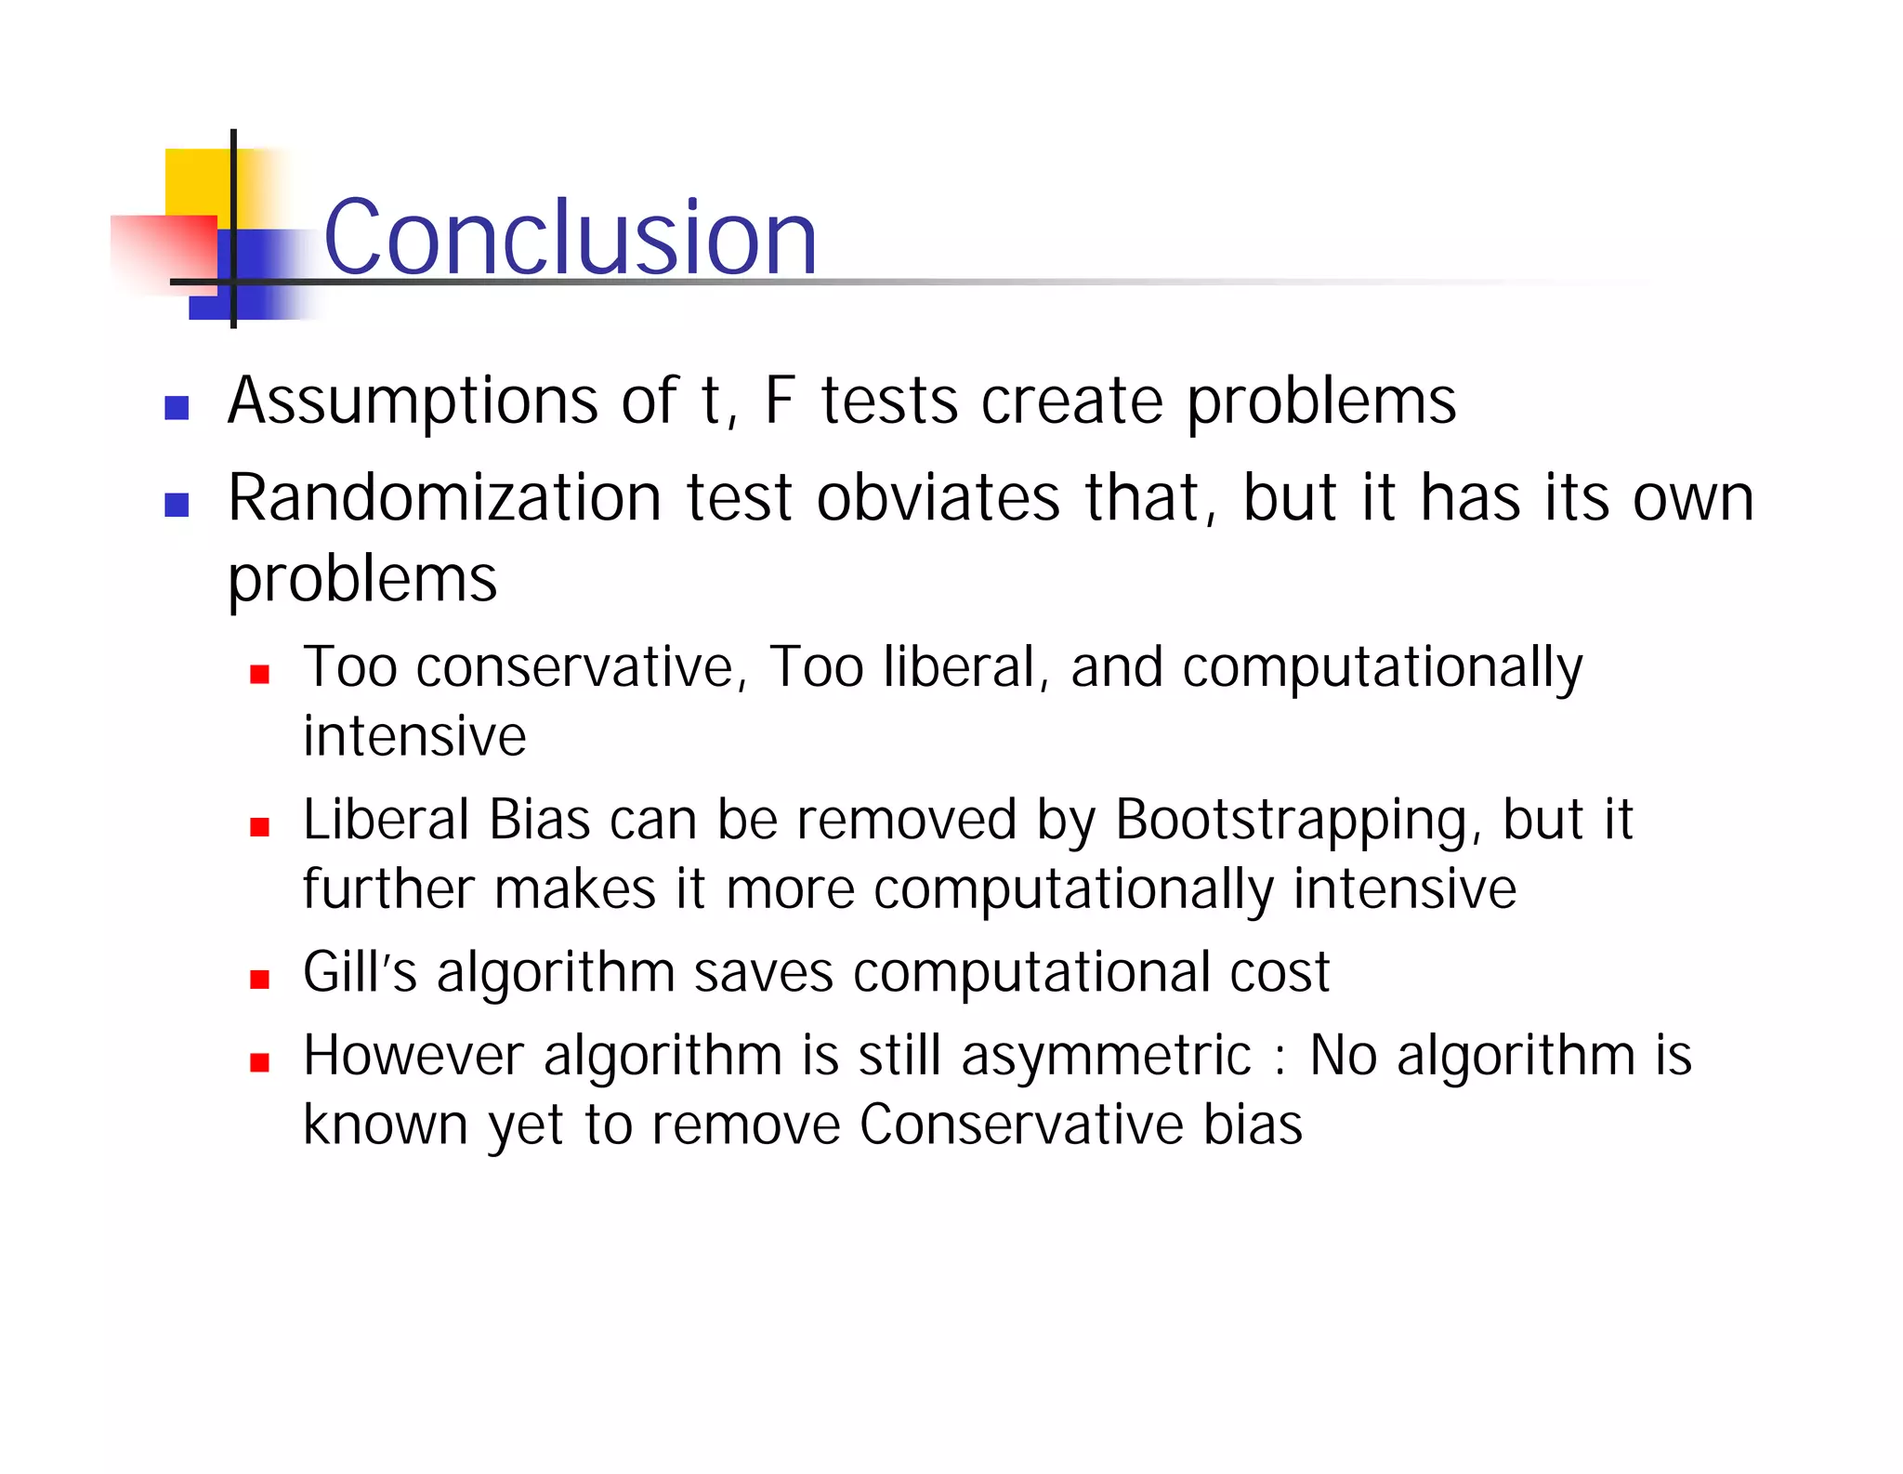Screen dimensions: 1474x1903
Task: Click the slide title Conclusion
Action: point(570,238)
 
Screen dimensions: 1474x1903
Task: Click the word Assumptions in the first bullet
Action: point(412,401)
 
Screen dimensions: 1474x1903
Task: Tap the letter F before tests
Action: point(779,401)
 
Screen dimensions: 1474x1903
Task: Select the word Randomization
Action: point(444,498)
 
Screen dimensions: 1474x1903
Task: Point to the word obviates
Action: point(938,498)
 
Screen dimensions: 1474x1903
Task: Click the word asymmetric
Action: point(1106,1057)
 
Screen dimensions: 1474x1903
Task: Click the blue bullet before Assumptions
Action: point(177,407)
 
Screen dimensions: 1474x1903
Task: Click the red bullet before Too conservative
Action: point(259,674)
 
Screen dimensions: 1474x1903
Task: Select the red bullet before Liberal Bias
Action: point(259,826)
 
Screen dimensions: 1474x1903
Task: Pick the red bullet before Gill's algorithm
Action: point(259,979)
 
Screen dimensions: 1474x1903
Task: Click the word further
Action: point(389,889)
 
